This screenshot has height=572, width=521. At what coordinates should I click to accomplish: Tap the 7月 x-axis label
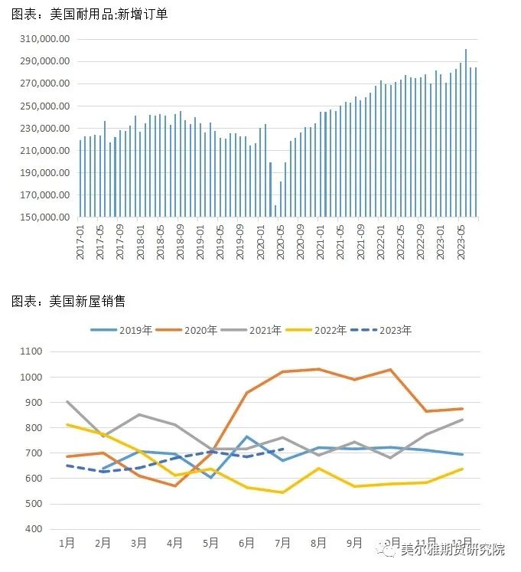(283, 543)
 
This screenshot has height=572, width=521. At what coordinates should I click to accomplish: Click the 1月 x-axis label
(67, 543)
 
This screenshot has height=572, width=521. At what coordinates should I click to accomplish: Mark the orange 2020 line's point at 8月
(318, 369)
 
